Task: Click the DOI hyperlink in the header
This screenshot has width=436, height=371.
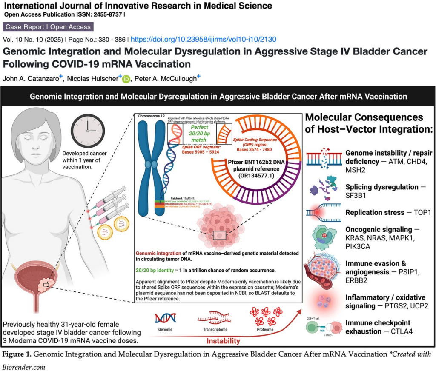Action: (x=203, y=39)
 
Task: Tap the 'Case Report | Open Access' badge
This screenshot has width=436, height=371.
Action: (x=48, y=27)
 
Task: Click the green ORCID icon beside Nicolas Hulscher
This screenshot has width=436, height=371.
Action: (x=126, y=79)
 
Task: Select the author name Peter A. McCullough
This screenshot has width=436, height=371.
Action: (x=163, y=79)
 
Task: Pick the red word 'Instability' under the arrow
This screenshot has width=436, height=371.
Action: (x=223, y=341)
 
